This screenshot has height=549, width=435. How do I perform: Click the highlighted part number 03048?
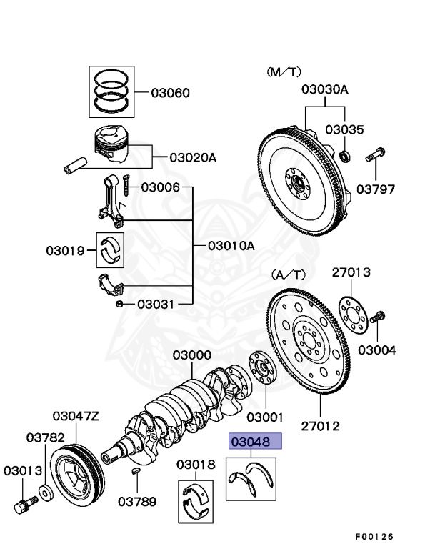[255, 442]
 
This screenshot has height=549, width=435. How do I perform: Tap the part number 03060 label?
[170, 93]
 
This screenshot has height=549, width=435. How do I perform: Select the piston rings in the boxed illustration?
[111, 91]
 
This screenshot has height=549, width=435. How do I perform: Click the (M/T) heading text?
[284, 72]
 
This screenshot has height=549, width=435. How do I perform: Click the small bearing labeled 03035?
[344, 155]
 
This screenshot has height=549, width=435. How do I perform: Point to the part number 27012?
[320, 427]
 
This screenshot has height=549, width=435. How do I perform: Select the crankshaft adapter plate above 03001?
[261, 370]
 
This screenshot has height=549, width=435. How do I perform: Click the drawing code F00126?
[374, 536]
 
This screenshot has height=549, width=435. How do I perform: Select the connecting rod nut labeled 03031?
[120, 305]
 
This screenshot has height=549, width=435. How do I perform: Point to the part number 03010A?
[231, 245]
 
